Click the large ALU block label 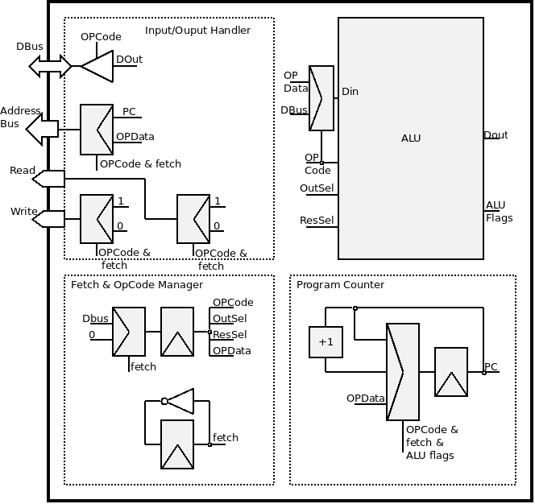pyautogui.click(x=411, y=138)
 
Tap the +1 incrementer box pyautogui.click(x=326, y=341)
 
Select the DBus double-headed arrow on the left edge pyautogui.click(x=50, y=67)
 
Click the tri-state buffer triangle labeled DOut pyautogui.click(x=97, y=67)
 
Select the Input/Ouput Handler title pyautogui.click(x=197, y=31)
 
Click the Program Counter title pyautogui.click(x=340, y=284)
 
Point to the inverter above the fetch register pyautogui.click(x=179, y=400)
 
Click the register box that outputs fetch pyautogui.click(x=177, y=444)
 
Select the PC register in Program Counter pyautogui.click(x=451, y=372)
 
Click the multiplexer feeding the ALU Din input pyautogui.click(x=321, y=98)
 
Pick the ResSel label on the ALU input pyautogui.click(x=317, y=220)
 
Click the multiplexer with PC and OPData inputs pyautogui.click(x=97, y=129)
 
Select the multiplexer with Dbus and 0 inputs pyautogui.click(x=129, y=331)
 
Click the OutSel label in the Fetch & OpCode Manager pyautogui.click(x=230, y=319)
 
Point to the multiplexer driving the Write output pyautogui.click(x=97, y=218)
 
